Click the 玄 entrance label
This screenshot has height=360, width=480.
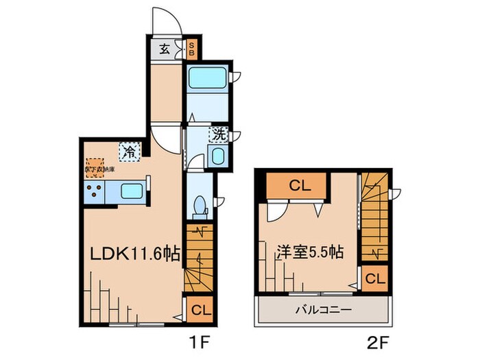point(165,49)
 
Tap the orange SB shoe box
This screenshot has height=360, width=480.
point(191,49)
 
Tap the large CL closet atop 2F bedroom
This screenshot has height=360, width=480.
point(296,184)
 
